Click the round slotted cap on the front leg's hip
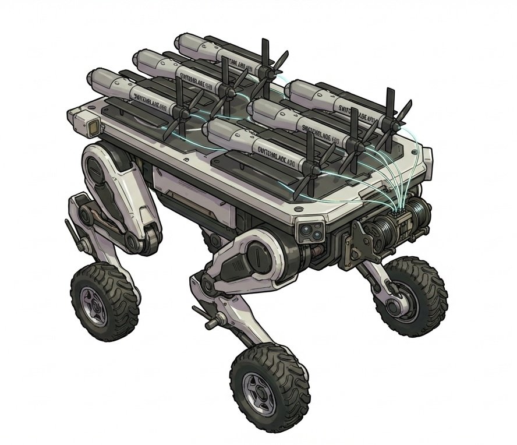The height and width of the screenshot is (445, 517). (x=256, y=256)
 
